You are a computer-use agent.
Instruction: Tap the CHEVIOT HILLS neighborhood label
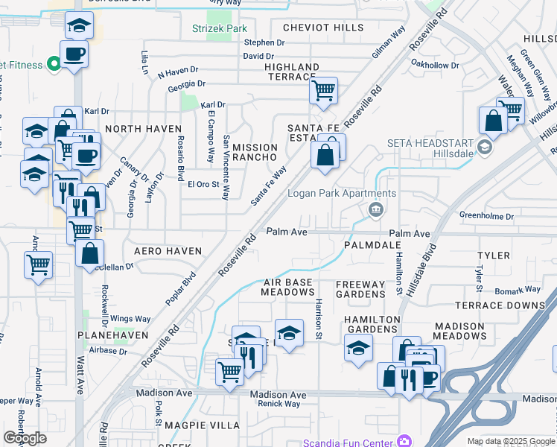(324, 28)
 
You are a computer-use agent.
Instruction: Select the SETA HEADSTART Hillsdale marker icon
(486, 148)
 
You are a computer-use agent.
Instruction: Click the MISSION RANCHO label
(255, 152)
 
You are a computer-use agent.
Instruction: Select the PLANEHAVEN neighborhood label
(114, 336)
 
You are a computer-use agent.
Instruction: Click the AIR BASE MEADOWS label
(287, 288)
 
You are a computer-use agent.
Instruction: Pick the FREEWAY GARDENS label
(360, 289)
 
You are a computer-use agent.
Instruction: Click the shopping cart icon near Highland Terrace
(323, 91)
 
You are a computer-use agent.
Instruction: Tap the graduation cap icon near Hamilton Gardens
(359, 347)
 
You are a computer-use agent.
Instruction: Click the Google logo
(25, 438)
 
